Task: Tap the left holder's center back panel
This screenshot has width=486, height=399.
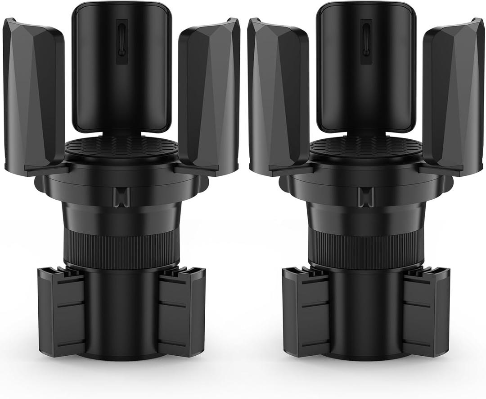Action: (x=121, y=68)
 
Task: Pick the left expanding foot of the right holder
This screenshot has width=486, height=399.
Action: (x=306, y=311)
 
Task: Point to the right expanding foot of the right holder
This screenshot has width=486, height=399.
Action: (x=425, y=311)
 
